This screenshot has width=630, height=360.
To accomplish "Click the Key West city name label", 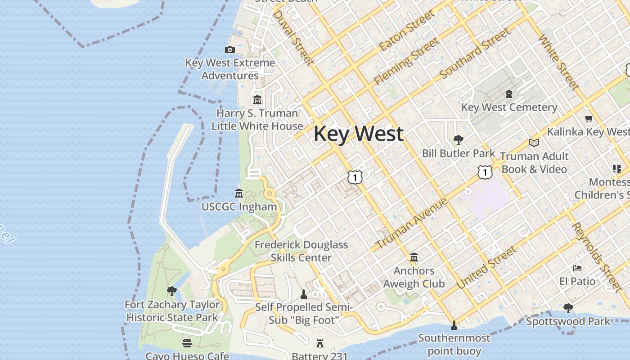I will (358, 134).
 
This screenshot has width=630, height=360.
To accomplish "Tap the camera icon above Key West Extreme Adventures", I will (230, 49).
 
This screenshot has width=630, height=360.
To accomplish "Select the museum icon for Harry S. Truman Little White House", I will (257, 99).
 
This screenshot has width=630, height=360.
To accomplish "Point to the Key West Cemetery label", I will (509, 108).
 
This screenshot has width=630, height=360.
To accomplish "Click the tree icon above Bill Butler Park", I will (459, 139).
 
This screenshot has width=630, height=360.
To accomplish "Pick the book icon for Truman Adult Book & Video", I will (534, 143).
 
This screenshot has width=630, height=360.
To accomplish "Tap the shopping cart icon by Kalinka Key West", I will (589, 119).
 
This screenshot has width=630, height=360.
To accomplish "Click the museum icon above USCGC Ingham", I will (239, 193).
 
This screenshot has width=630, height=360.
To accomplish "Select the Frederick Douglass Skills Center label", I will (301, 251).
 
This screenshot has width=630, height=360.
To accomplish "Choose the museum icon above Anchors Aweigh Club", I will (414, 257).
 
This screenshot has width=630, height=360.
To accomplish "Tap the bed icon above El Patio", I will (577, 268).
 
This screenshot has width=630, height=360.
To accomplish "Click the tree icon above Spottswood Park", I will (568, 308).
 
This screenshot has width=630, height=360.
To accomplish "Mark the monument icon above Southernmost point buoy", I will (454, 324).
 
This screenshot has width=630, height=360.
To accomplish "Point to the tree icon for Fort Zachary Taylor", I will (171, 291).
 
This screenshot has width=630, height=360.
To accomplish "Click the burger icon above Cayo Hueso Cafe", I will (187, 343).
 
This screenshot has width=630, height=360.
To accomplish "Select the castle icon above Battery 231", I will (320, 343).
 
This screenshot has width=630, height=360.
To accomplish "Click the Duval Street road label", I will (292, 37).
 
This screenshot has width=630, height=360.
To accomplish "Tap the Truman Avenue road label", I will (411, 223).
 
